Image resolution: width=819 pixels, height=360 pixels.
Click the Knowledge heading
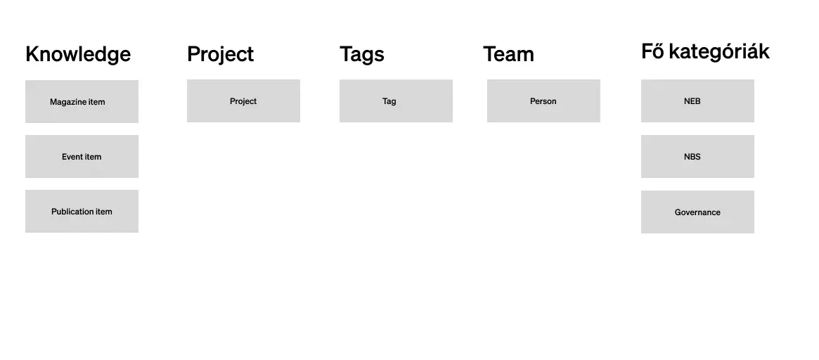tap(78, 54)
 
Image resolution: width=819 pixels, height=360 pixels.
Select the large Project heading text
tap(221, 54)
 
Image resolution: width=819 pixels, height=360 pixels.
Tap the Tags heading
tap(362, 54)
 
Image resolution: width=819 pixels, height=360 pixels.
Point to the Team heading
tap(509, 54)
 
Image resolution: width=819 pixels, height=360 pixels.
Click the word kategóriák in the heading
tap(719, 52)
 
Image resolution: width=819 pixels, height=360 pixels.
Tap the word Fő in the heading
tap(652, 51)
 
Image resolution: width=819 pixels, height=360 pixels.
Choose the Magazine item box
tap(82, 101)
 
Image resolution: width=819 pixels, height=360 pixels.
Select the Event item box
tap(82, 156)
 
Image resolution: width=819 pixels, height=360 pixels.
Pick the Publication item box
tap(82, 211)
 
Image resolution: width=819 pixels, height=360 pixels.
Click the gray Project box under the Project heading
tap(243, 101)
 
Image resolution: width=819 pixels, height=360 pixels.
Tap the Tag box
tap(396, 101)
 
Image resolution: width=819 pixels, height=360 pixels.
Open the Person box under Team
tap(543, 101)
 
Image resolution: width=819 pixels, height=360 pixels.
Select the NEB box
tap(698, 101)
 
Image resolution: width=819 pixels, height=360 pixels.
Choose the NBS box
tap(698, 156)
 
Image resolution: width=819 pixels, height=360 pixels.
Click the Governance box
tap(698, 212)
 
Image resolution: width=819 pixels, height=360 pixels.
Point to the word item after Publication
tap(104, 212)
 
